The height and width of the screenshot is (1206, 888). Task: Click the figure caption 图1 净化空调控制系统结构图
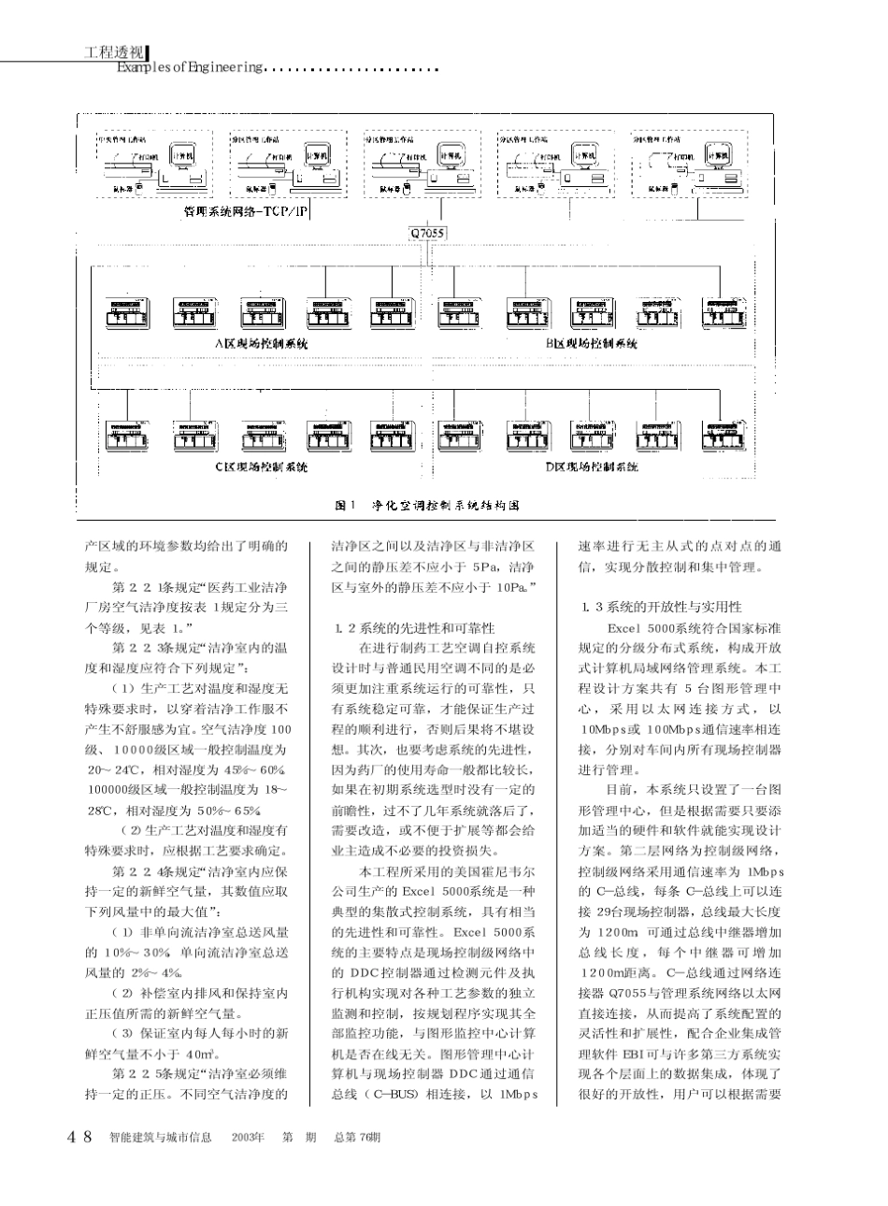[426, 504]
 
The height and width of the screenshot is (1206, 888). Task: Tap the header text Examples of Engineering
[192, 67]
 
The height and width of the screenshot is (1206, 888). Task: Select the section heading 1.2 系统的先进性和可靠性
[412, 627]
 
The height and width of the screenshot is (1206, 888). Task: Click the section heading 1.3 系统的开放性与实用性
[660, 607]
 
